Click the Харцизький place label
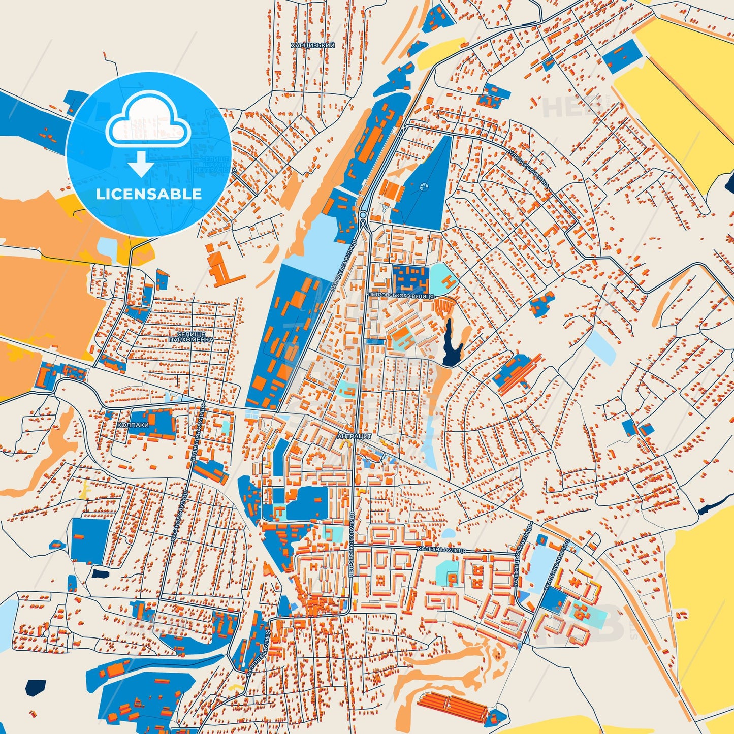312,46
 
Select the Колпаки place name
133,425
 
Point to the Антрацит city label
355,436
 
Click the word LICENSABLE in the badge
149,194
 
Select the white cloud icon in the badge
148,123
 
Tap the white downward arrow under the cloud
141,164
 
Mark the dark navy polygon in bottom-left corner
35,688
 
